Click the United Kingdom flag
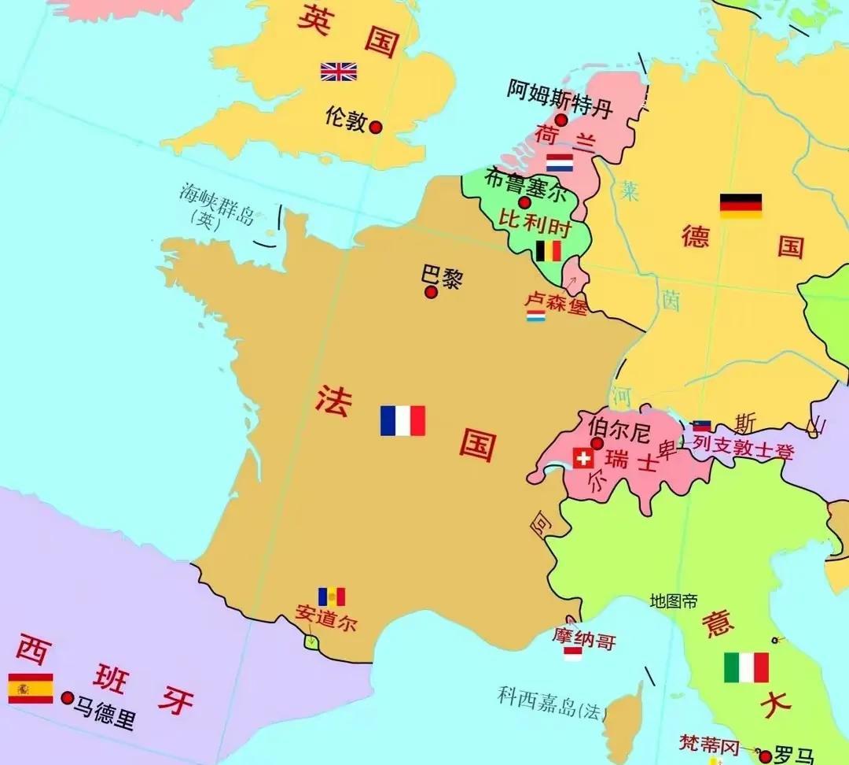(339, 72)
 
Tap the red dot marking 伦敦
(376, 127)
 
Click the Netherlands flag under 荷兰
(560, 163)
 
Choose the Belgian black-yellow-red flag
(548, 251)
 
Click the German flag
(741, 205)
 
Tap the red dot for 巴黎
(431, 292)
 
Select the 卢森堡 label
(556, 304)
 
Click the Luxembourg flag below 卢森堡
(536, 316)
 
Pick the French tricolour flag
(402, 420)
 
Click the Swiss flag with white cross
(583, 458)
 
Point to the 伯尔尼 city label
(619, 430)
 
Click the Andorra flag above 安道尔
(331, 597)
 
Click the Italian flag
(746, 667)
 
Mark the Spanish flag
(31, 688)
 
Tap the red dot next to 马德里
(68, 697)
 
